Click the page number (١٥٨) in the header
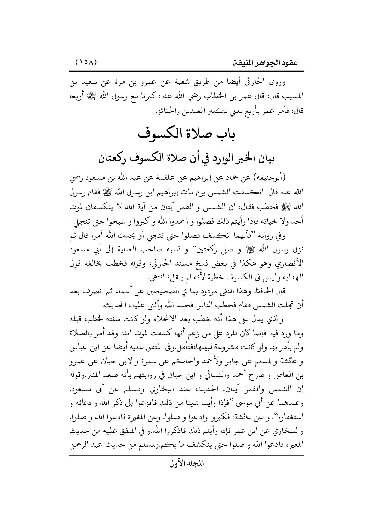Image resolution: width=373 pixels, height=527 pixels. pos(85,63)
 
